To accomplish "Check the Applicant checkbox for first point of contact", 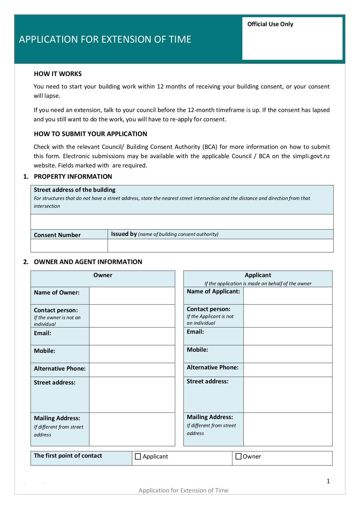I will coord(138,456).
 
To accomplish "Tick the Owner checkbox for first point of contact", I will coord(238,456).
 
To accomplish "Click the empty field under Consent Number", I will coord(69,246).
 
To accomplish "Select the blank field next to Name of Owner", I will coord(132,296).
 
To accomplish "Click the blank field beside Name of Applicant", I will coord(288,296).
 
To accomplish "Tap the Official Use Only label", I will coord(270,24).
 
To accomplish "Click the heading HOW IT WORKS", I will coord(58,74).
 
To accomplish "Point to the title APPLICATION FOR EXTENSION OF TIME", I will coord(105,39).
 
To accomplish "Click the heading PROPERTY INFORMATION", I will coord(73,176).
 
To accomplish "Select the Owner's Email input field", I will coord(132,336).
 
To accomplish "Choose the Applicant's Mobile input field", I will coord(288,354).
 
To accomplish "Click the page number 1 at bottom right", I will coord(328,481).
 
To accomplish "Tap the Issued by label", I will coord(124,234).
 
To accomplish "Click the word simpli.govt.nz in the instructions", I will coord(311,156).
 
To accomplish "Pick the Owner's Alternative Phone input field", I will coord(132,370).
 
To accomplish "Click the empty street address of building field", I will coord(182,222).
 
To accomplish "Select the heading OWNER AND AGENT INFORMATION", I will coord(88,262).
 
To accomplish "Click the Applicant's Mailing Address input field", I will coord(288,429).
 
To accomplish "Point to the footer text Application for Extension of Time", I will coord(183,490).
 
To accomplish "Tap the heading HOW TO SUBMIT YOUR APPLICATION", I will coord(90,134).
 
